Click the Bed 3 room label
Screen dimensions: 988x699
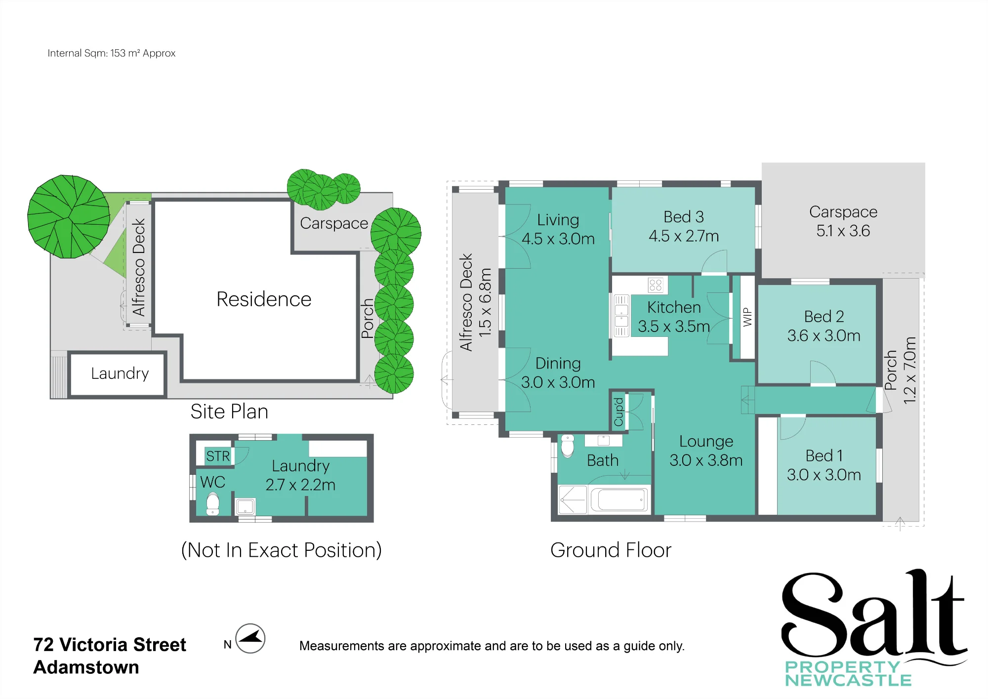(x=684, y=226)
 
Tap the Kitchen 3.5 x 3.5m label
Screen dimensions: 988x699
(x=674, y=317)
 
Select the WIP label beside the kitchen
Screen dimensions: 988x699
(x=747, y=317)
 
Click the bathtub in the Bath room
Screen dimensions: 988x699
(x=620, y=500)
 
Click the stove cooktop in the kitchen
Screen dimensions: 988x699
(x=656, y=285)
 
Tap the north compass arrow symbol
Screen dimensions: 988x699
(x=250, y=638)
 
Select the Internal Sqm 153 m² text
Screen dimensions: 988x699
(x=112, y=53)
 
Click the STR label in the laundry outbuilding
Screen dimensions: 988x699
(x=218, y=456)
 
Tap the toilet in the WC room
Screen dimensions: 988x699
(x=213, y=504)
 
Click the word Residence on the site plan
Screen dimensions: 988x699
(x=264, y=299)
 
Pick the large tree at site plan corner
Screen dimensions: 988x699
(x=69, y=216)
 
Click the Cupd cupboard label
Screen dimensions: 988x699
(x=618, y=412)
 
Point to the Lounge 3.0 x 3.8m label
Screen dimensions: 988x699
(x=706, y=451)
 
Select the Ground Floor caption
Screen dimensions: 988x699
(x=611, y=550)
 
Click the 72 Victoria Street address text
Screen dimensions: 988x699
(x=110, y=645)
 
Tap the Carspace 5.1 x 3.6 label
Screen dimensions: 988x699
(x=843, y=221)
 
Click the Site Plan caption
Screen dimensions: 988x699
(x=229, y=411)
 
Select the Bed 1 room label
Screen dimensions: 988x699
(x=824, y=465)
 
